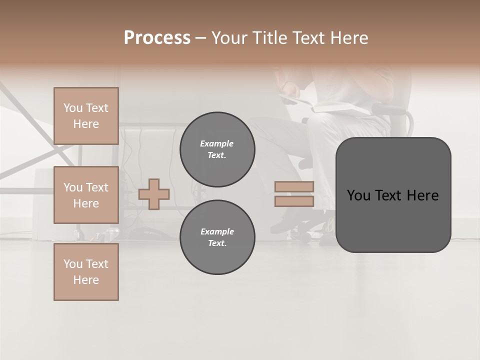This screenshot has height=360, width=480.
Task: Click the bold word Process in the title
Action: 157,38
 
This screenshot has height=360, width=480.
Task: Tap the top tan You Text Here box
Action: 86,116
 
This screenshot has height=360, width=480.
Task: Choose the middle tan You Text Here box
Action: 86,195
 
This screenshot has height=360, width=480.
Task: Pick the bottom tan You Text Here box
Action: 86,272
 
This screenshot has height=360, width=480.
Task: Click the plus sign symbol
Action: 154,194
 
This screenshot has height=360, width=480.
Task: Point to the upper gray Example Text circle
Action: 217,149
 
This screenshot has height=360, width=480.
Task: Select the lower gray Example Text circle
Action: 217,237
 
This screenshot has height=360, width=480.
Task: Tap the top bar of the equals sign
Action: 294,186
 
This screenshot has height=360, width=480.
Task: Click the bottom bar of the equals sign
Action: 294,201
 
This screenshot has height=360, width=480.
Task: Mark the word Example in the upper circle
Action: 217,143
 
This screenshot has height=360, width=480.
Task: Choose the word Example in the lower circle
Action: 217,231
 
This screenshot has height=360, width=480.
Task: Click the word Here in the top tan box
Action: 86,124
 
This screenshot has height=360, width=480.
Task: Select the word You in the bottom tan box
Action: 72,264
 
